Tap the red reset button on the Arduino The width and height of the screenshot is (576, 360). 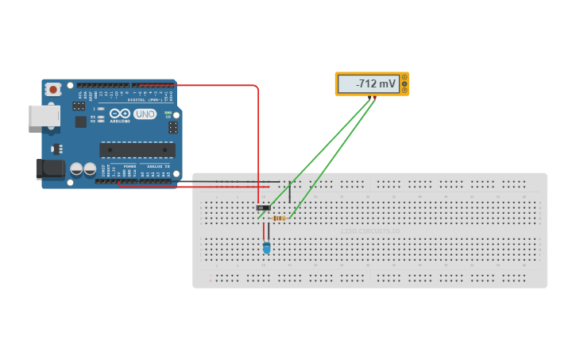(x=53, y=90)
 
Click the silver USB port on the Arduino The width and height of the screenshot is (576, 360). (x=44, y=115)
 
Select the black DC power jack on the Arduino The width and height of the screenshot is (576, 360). (x=49, y=168)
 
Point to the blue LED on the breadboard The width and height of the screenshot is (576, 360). (x=266, y=248)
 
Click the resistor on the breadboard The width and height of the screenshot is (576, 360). (x=279, y=218)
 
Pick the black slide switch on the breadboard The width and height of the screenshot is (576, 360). (x=263, y=208)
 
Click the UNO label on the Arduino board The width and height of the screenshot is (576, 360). (x=145, y=114)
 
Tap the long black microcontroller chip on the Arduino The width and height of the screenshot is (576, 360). (x=137, y=149)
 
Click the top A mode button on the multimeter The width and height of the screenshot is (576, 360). (x=405, y=77)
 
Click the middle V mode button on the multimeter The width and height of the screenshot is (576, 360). (x=405, y=83)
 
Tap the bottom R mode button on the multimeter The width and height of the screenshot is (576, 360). (x=405, y=90)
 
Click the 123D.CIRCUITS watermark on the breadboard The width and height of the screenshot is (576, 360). (x=369, y=232)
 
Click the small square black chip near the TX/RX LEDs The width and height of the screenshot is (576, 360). (x=80, y=122)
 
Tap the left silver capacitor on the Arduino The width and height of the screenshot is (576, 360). (x=77, y=169)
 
